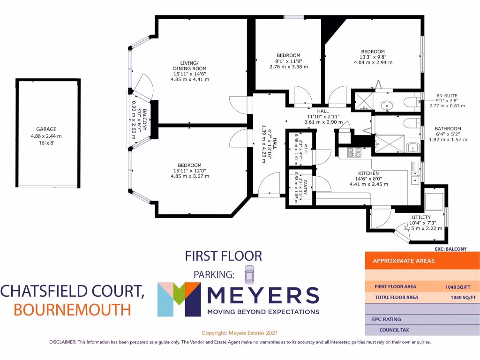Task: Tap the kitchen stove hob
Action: click(x=353, y=152)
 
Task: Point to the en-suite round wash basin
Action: click(x=387, y=106)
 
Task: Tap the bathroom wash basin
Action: click(x=413, y=148)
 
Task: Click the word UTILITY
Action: click(x=421, y=217)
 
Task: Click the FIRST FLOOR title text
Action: click(x=223, y=256)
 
